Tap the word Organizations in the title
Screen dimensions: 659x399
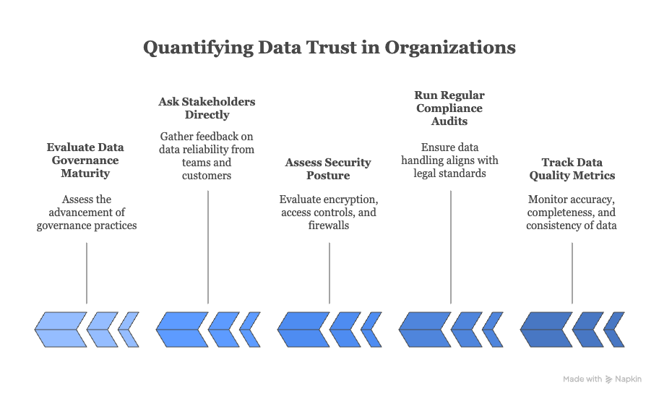pyautogui.click(x=450, y=48)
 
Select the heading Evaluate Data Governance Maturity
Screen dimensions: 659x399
pyautogui.click(x=85, y=160)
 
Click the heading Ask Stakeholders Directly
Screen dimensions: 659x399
pyautogui.click(x=207, y=108)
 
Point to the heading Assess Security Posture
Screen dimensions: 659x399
pyautogui.click(x=328, y=168)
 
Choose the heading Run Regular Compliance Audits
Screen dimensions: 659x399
pyautogui.click(x=449, y=108)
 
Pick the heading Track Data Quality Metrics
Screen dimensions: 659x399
pyautogui.click(x=572, y=168)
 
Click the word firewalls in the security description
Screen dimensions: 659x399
pyautogui.click(x=329, y=226)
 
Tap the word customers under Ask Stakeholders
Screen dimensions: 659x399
pyautogui.click(x=207, y=176)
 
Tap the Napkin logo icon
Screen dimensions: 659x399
pyautogui.click(x=609, y=379)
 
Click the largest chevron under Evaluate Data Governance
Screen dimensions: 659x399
pyautogui.click(x=60, y=329)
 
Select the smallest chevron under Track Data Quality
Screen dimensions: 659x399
pyautogui.click(x=614, y=329)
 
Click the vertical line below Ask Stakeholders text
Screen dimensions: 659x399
pyautogui.click(x=208, y=246)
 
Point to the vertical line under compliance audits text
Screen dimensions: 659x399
pyautogui.click(x=451, y=246)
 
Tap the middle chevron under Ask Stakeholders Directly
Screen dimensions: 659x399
pyautogui.click(x=223, y=329)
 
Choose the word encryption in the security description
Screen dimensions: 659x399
pyautogui.click(x=350, y=199)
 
